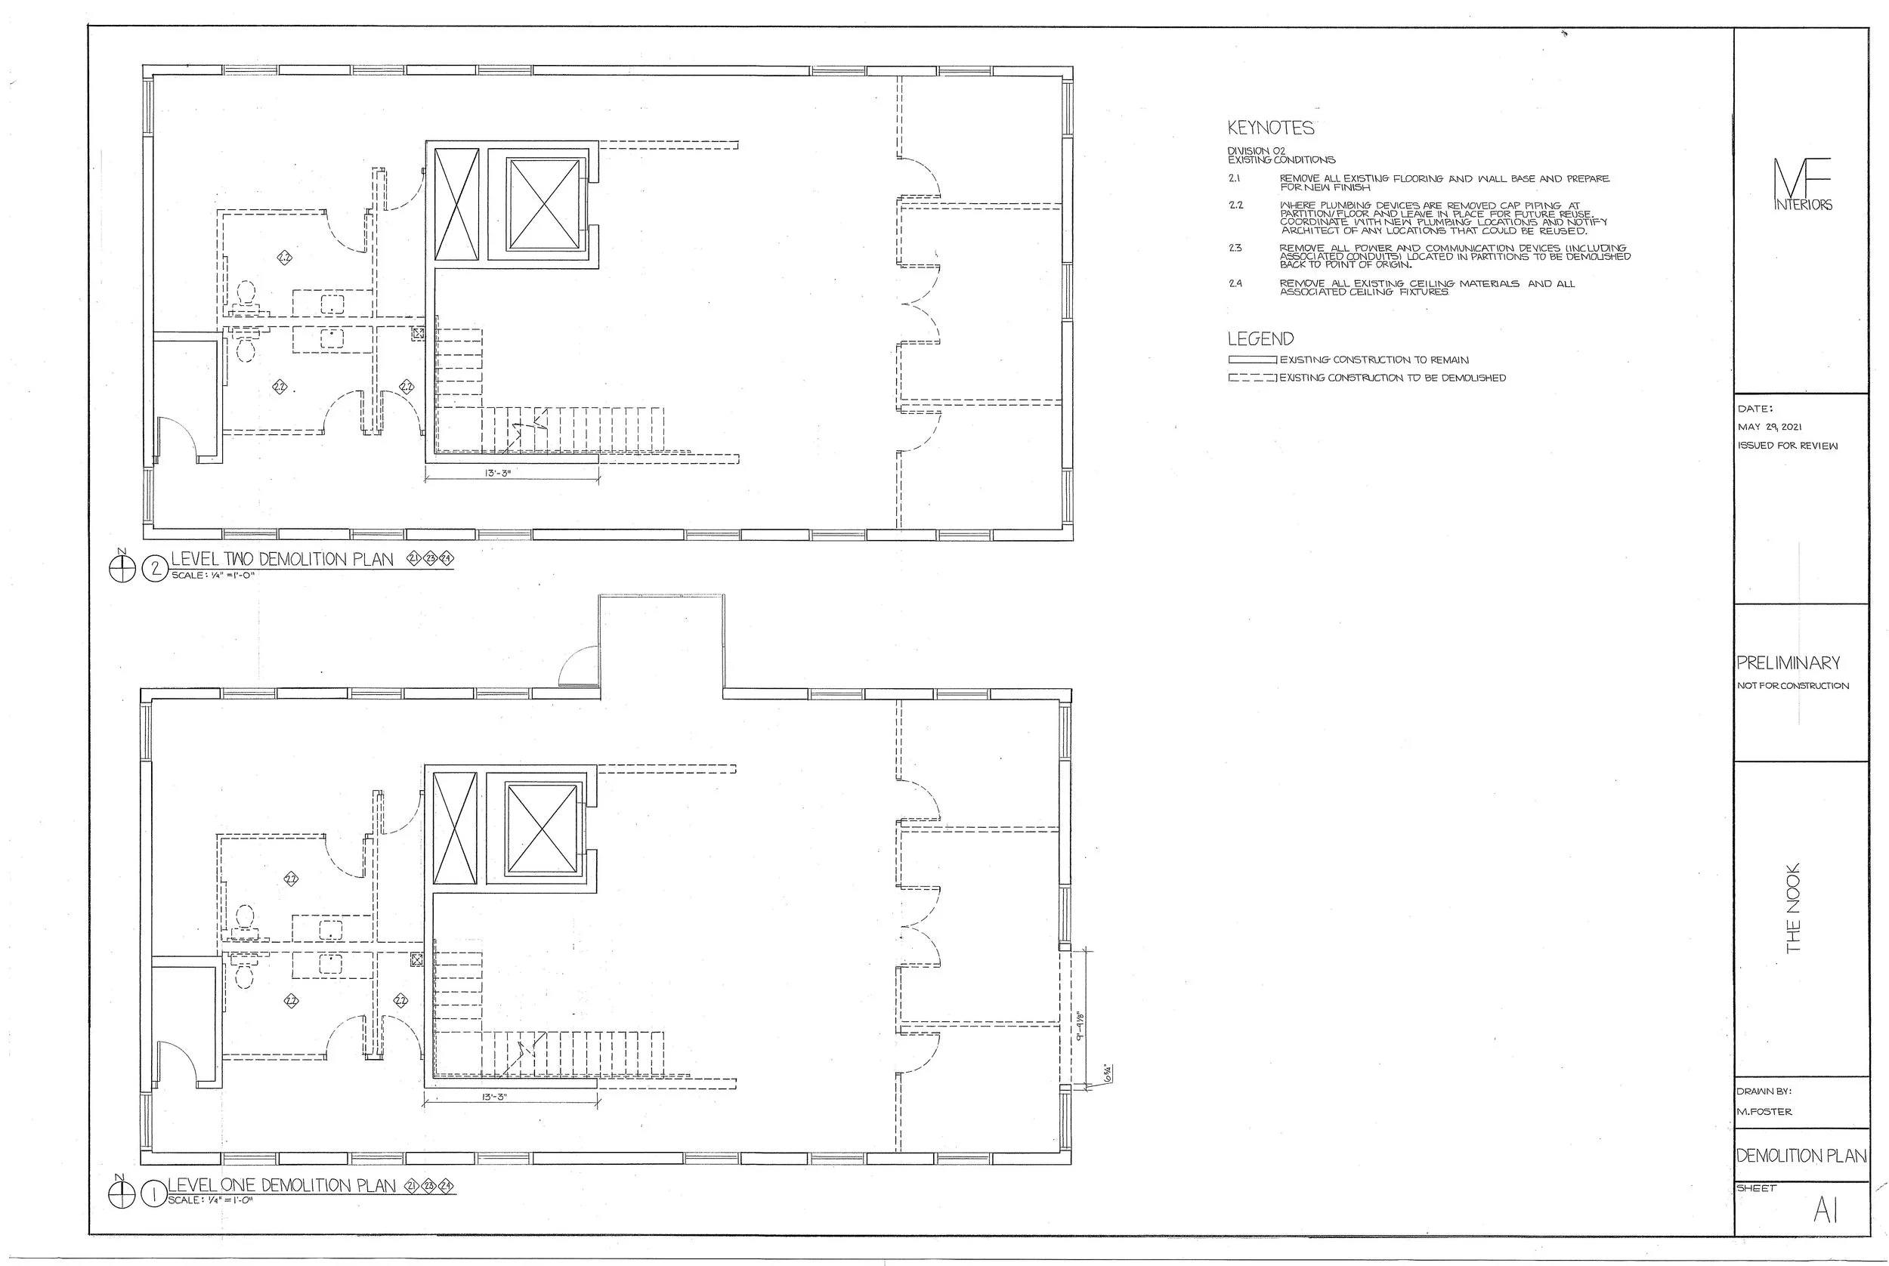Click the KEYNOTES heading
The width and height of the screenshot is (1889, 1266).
[x=1270, y=128]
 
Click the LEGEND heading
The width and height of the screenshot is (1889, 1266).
[x=1260, y=339]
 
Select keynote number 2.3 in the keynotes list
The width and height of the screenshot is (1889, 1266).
[x=1235, y=249]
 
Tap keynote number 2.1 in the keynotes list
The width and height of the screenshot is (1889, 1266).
[x=1234, y=178]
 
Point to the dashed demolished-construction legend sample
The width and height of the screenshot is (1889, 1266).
[x=1252, y=378]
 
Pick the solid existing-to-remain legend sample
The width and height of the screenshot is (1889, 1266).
[x=1252, y=360]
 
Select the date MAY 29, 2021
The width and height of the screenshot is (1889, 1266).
[x=1770, y=427]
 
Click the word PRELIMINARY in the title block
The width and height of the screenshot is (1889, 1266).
[x=1788, y=663]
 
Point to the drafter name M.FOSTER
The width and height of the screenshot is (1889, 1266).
[x=1764, y=1112]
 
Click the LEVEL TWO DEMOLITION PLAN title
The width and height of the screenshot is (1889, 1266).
[x=282, y=560]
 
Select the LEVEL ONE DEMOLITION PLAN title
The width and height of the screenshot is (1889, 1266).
[x=281, y=1185]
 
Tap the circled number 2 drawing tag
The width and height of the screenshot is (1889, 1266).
[x=153, y=570]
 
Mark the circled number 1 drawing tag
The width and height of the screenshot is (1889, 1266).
[x=153, y=1196]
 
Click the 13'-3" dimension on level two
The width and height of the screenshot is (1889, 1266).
[x=498, y=473]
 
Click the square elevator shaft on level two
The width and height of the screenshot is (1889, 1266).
[x=544, y=204]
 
